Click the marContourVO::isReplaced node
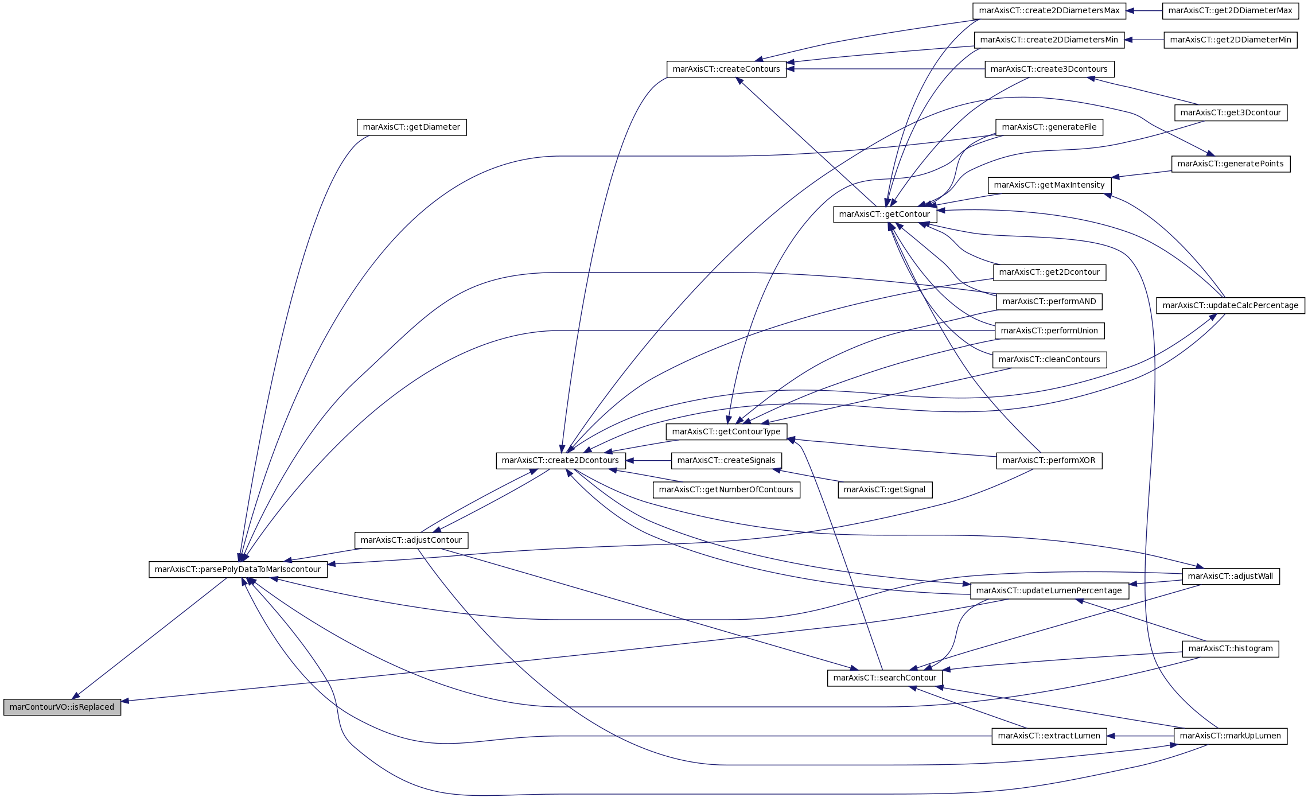pyautogui.click(x=62, y=707)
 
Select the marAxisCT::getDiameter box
pyautogui.click(x=411, y=127)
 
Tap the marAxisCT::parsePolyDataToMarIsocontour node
pyautogui.click(x=238, y=569)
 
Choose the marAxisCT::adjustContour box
pyautogui.click(x=411, y=540)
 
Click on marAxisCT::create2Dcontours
pyautogui.click(x=560, y=460)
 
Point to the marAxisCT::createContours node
pyautogui.click(x=726, y=69)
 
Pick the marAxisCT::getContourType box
pyautogui.click(x=726, y=431)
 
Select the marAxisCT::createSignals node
pyautogui.click(x=726, y=460)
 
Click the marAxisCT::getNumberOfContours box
pyautogui.click(x=726, y=489)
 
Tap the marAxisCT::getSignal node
pyautogui.click(x=885, y=489)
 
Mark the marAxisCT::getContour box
pyautogui.click(x=885, y=214)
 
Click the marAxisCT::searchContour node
pyautogui.click(x=885, y=678)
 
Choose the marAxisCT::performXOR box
pyautogui.click(x=1049, y=460)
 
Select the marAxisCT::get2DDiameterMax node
pyautogui.click(x=1231, y=10)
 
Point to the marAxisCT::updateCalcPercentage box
pyautogui.click(x=1231, y=305)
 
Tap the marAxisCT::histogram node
pyautogui.click(x=1231, y=648)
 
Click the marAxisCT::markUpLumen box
pyautogui.click(x=1231, y=736)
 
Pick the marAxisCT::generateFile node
pyautogui.click(x=1049, y=127)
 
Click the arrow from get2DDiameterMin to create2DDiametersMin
pyautogui.click(x=1144, y=40)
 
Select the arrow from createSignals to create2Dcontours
pyautogui.click(x=648, y=460)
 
